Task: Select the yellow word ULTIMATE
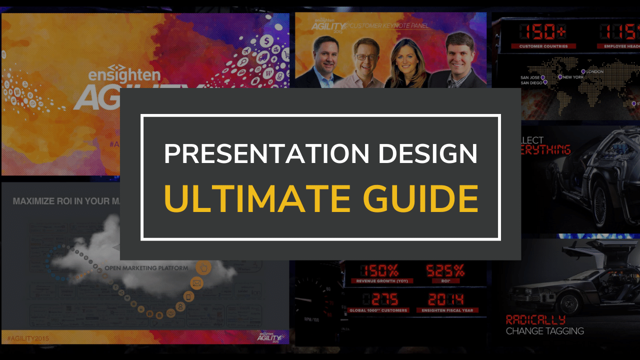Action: point(256,198)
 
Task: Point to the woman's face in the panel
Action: point(405,59)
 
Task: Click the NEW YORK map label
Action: point(574,77)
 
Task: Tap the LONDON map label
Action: point(606,72)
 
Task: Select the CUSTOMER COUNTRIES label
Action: point(543,46)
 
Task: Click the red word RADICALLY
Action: point(535,319)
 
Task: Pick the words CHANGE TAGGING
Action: point(544,331)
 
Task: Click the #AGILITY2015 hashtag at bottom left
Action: point(30,338)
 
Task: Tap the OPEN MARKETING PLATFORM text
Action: point(146,268)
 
